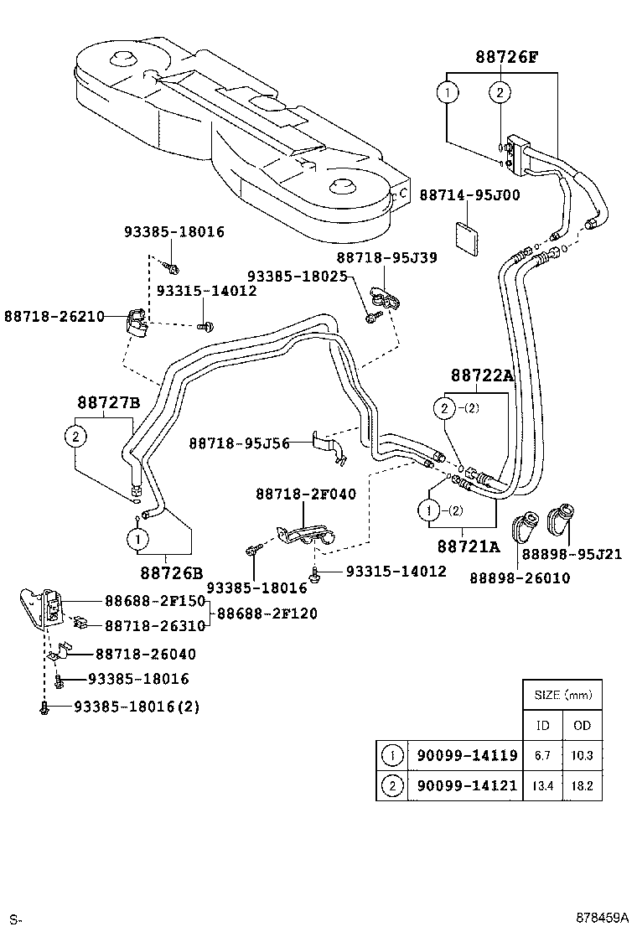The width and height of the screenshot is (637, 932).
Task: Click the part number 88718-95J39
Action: click(x=386, y=257)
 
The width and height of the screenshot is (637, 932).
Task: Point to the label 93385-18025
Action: click(x=297, y=275)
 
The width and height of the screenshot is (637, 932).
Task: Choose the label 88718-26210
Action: click(x=54, y=316)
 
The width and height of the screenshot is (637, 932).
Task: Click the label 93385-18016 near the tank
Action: click(x=174, y=232)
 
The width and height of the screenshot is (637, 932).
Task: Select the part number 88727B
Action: click(x=109, y=402)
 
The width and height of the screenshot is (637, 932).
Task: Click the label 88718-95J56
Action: click(x=239, y=443)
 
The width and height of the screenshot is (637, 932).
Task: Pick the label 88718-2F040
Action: click(x=305, y=494)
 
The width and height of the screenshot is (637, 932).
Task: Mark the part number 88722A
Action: click(x=481, y=376)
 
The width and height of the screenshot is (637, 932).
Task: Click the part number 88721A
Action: click(x=468, y=546)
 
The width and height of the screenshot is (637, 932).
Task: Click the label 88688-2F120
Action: click(x=267, y=614)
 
